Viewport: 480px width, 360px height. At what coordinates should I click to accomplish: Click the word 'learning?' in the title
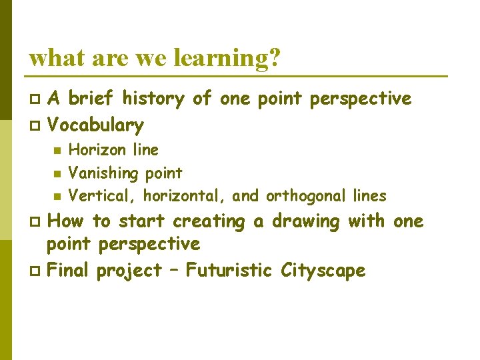pyautogui.click(x=227, y=59)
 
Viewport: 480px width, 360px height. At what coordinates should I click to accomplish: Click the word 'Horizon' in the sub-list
pyautogui.click(x=95, y=150)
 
